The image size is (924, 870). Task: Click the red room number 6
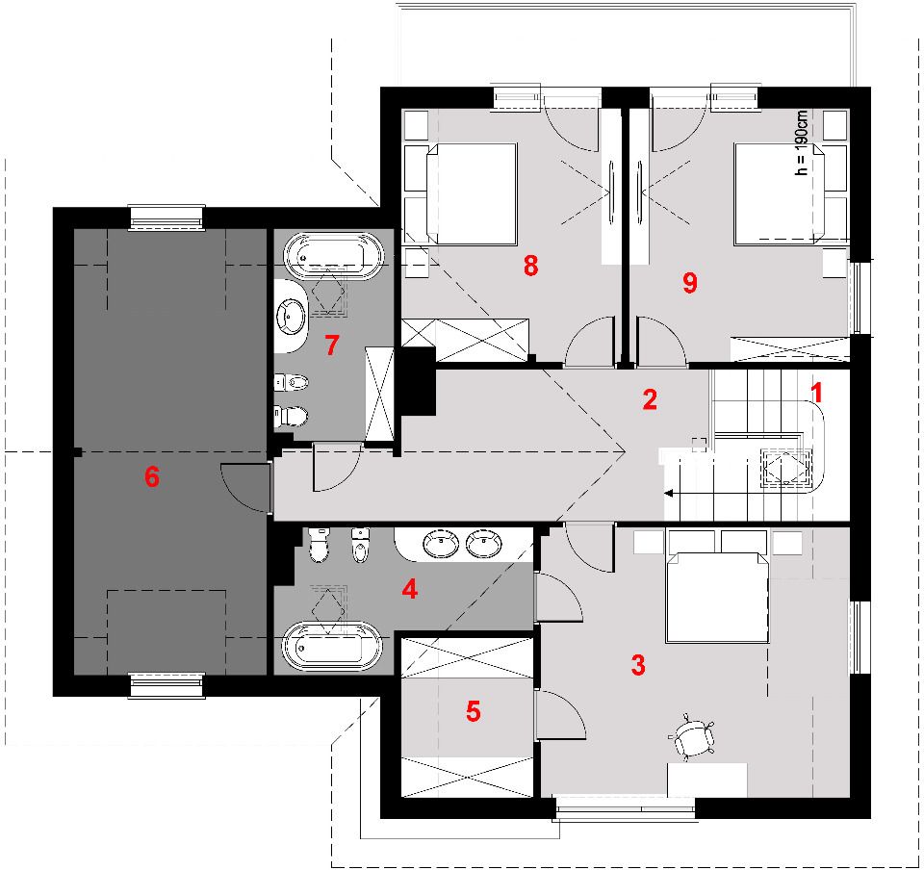point(152,476)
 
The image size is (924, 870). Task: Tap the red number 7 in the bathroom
point(332,345)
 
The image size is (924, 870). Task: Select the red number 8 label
point(531,266)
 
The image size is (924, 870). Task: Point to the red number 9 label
point(690,282)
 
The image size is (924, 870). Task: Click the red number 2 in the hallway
point(650,399)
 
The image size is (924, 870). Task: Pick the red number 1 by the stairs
point(817,393)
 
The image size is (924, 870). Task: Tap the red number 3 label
point(638,665)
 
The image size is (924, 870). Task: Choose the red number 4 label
point(410,589)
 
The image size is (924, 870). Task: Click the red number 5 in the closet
point(474,711)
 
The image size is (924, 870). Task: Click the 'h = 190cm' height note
point(801,142)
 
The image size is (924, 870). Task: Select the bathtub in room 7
point(334,256)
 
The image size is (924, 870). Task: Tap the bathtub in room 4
point(332,646)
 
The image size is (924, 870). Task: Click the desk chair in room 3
point(692,735)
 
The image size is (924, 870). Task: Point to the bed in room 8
point(472,193)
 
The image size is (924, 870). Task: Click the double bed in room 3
point(717,598)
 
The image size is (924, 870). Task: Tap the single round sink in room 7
point(291,317)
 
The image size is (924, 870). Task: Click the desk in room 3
point(707,780)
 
